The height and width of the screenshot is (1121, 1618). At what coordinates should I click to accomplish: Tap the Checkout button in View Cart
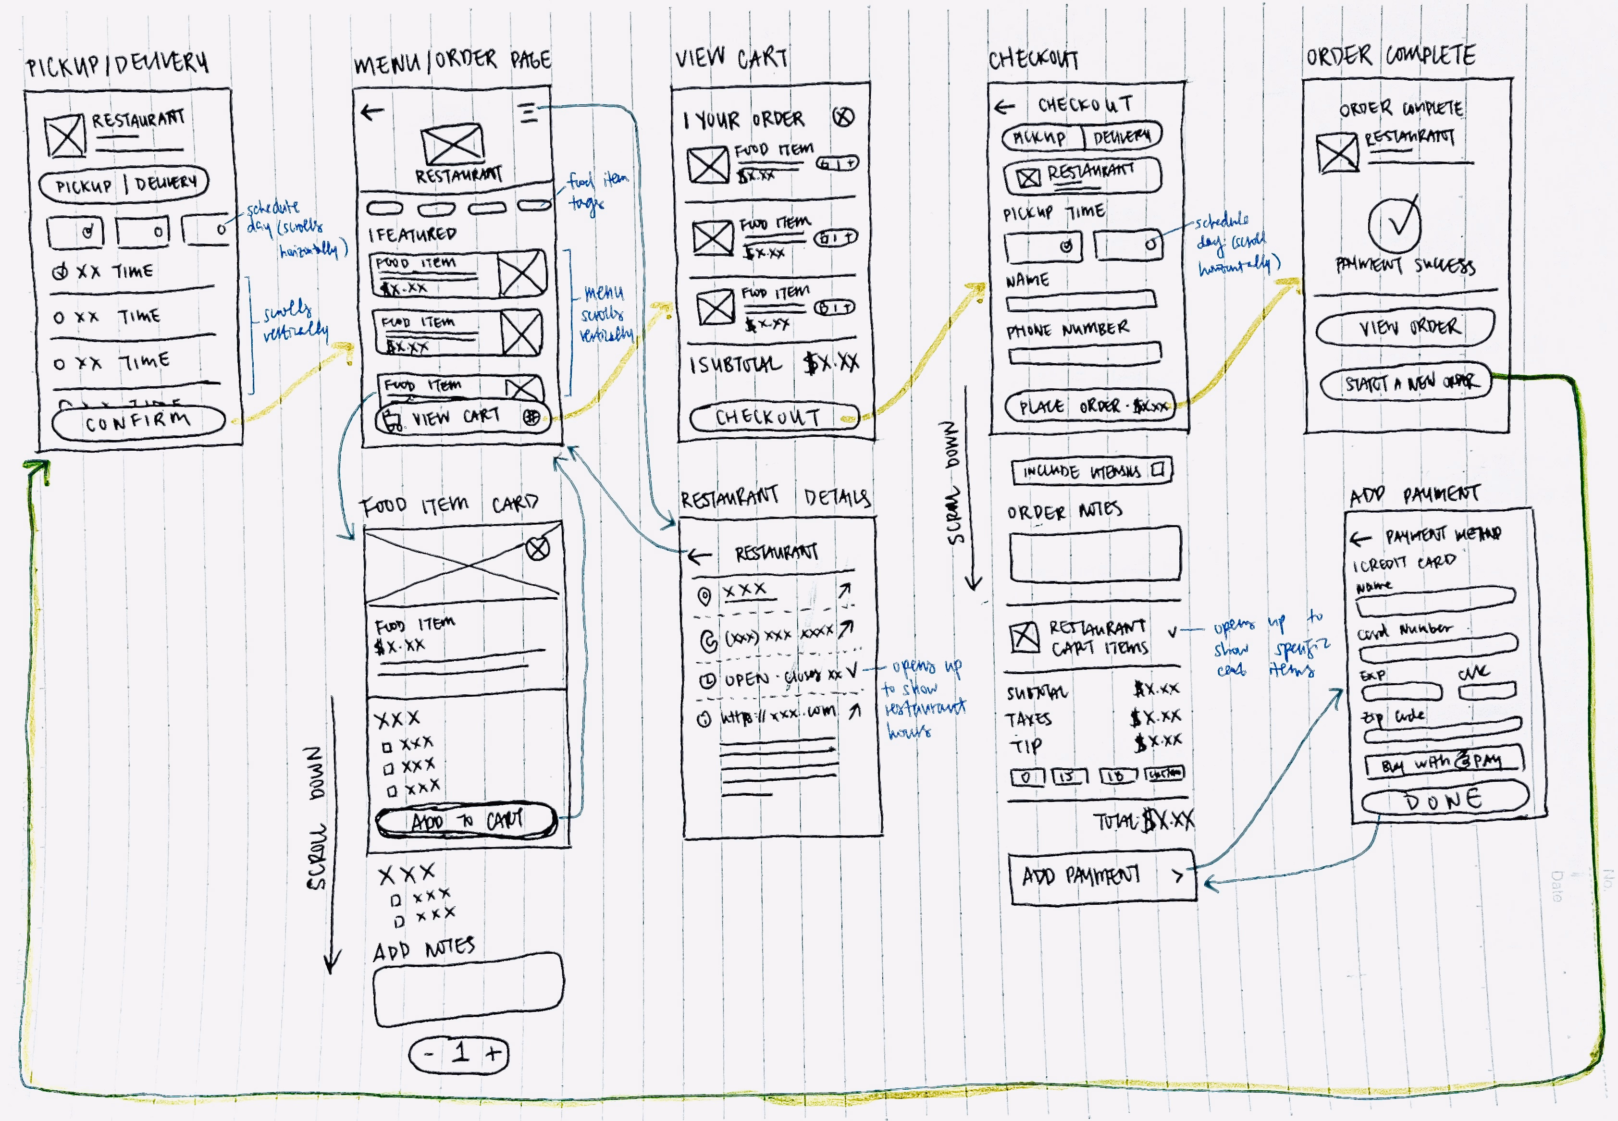[773, 417]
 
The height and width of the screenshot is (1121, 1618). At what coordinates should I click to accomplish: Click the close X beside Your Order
[843, 117]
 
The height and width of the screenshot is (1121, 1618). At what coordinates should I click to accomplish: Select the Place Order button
[1090, 406]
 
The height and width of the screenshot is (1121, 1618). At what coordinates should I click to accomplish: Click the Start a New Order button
[1405, 383]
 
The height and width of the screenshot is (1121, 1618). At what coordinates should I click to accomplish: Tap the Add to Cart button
[466, 820]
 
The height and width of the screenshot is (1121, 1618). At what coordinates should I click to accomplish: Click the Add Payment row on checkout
[1101, 876]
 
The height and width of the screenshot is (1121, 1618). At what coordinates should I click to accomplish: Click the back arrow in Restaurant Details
[699, 556]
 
